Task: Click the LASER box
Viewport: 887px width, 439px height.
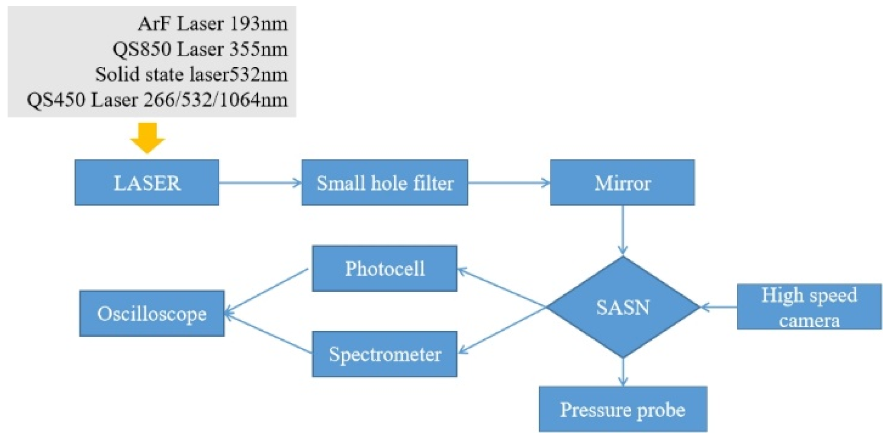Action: [x=147, y=183]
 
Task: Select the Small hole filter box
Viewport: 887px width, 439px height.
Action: [x=384, y=183]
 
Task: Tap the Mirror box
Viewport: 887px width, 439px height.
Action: [x=622, y=183]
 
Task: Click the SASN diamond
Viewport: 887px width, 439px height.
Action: [x=622, y=307]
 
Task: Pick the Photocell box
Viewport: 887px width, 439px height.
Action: [x=384, y=268]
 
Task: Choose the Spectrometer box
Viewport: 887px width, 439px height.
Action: [x=384, y=354]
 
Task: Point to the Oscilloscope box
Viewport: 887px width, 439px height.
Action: [x=151, y=313]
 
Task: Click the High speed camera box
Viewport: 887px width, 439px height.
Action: [x=809, y=307]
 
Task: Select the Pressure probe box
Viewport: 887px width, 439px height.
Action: [x=622, y=409]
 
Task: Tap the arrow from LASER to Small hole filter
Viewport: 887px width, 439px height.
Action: [x=260, y=183]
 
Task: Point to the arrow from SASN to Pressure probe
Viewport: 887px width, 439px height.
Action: [x=622, y=372]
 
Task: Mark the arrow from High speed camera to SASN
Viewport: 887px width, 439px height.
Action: [x=718, y=307]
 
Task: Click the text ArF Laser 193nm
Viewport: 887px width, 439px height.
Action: [x=213, y=24]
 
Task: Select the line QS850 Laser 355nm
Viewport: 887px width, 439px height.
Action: [x=200, y=49]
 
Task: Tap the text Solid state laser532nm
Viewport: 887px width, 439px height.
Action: [x=191, y=74]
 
